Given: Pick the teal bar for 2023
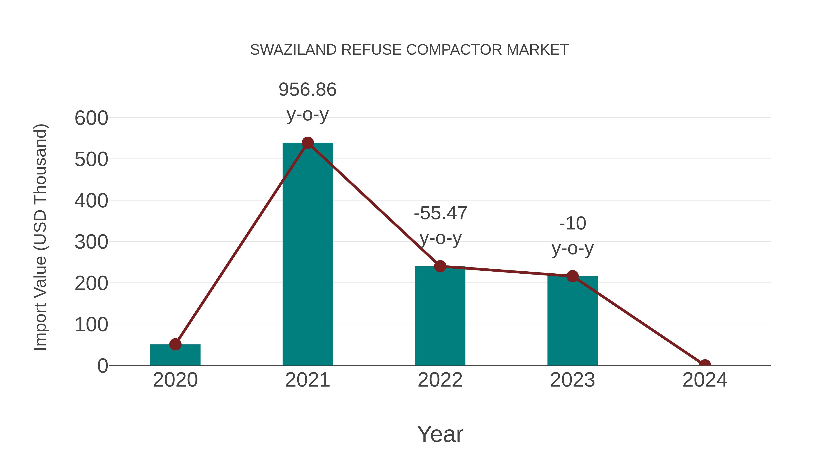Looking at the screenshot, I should coord(572,321).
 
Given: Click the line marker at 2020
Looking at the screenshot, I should coord(175,344).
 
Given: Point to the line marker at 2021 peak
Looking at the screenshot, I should coord(307,143).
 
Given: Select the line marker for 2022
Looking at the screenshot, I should coord(440,266).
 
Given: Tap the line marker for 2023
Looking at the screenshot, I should coord(572,276).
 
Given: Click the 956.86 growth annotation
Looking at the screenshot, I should coord(307,89).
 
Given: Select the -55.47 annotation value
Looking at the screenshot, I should coord(440,213).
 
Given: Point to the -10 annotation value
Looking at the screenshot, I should coord(572,223).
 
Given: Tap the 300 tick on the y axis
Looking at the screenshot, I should coord(91,242).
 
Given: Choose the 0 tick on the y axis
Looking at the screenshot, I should coord(102,366).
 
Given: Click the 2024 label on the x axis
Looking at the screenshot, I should coord(705,380).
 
